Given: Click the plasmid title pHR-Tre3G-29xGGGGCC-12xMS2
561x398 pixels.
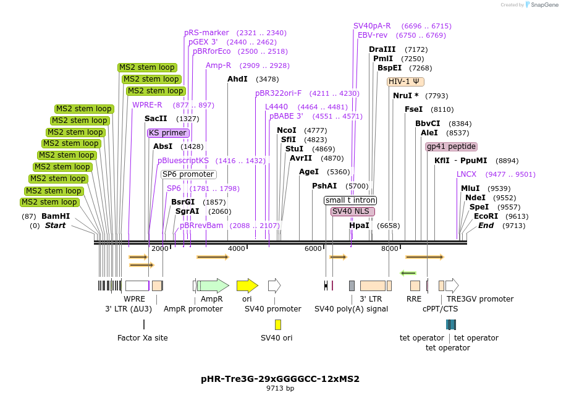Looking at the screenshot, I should tap(280, 379).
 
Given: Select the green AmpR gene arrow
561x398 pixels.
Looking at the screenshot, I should tap(213, 286).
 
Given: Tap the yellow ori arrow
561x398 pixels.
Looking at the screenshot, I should tap(247, 286).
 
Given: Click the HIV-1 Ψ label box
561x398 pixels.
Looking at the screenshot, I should tap(405, 82).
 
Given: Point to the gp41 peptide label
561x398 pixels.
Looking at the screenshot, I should tap(451, 146).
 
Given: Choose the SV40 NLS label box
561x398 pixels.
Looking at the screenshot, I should tap(352, 211).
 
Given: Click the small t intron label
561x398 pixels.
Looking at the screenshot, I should tap(350, 200).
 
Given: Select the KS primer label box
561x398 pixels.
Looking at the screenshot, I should tap(168, 133).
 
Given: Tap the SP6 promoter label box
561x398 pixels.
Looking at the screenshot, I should tap(188, 174).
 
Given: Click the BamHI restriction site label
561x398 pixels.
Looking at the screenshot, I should tap(56, 216).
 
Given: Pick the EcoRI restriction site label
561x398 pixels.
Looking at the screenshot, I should tap(486, 216).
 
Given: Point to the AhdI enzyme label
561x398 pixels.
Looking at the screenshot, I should tap(237, 79).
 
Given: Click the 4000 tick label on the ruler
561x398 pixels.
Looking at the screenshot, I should tap(237, 248).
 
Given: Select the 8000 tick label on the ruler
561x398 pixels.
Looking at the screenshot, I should tap(389, 248).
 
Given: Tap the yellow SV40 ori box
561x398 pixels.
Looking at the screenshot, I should tap(278, 324).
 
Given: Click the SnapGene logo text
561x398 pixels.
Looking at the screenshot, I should tap(545, 5).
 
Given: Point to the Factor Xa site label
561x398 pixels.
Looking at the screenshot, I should tap(143, 338).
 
